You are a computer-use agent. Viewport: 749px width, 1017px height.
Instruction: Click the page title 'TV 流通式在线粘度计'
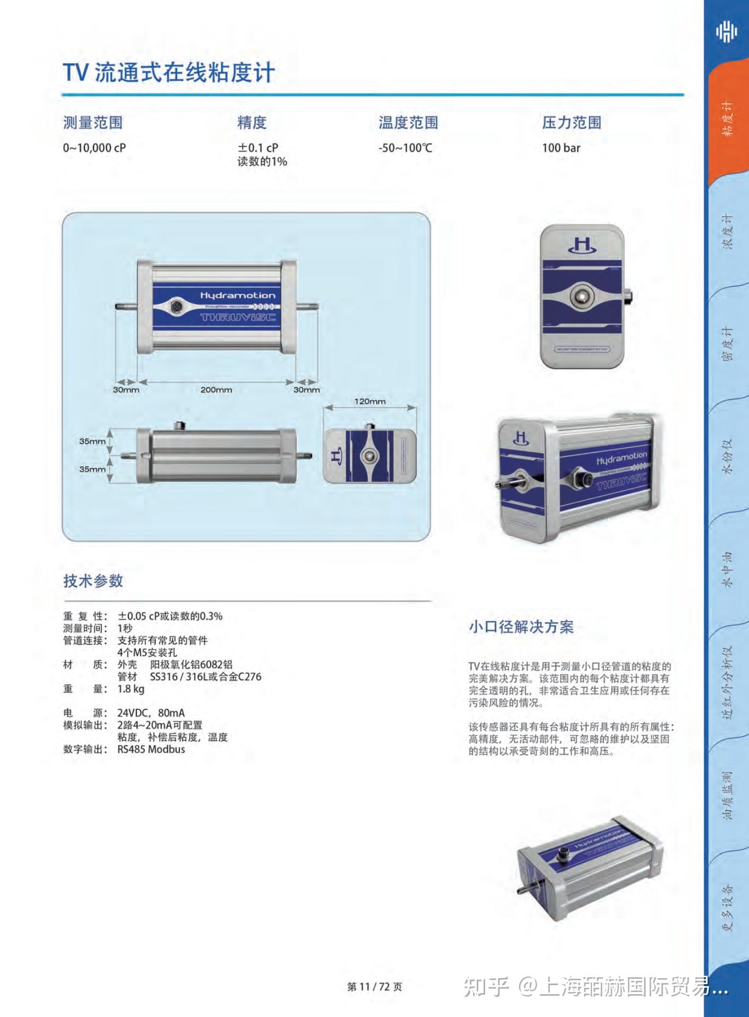(169, 73)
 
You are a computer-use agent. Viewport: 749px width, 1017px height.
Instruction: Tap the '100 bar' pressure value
(561, 148)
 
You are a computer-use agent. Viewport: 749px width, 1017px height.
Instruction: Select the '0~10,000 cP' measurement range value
(94, 148)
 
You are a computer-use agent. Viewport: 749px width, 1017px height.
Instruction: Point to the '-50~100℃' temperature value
(405, 148)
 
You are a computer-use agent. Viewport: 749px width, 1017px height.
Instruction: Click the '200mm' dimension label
(216, 389)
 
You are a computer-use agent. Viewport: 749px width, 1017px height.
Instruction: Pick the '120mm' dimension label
(369, 401)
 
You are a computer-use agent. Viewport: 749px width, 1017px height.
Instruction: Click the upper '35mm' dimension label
(92, 441)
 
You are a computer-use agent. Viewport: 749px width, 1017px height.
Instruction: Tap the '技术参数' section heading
(93, 581)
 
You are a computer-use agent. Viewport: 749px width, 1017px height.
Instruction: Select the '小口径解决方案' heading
(521, 627)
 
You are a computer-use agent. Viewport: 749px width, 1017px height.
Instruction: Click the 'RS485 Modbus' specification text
(151, 749)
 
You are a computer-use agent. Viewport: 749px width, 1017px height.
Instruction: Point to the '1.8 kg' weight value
(131, 689)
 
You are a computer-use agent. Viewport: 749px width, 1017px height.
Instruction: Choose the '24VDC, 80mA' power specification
(151, 713)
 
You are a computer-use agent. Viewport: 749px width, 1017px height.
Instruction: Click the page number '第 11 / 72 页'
(374, 987)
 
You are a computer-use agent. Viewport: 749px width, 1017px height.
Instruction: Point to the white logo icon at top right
(726, 32)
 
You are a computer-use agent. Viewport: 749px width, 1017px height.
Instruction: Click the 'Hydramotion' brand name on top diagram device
(238, 295)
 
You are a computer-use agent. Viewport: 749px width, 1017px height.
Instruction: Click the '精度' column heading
(252, 123)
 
